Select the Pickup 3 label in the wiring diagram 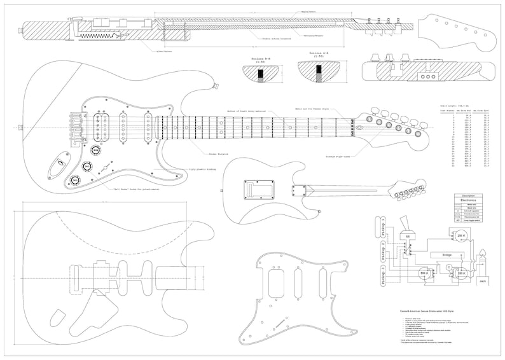click(x=382, y=278)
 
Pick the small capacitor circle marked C click(x=448, y=268)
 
